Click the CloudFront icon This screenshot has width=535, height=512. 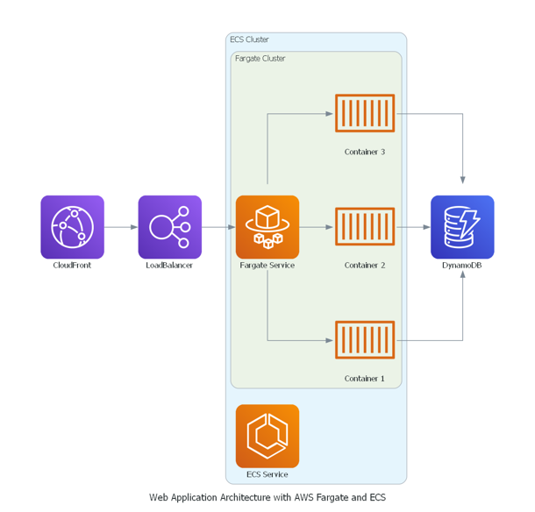point(72,227)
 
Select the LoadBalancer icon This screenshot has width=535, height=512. point(169,227)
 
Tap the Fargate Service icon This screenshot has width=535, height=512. point(267,227)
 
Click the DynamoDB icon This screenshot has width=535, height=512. point(462,227)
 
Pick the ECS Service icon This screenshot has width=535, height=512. point(267,436)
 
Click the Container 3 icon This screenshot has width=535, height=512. point(365,113)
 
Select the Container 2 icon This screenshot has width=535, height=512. point(365,226)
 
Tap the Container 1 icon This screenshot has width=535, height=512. point(365,340)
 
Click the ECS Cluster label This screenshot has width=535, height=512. point(249,39)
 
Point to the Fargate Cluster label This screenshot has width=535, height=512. point(260,59)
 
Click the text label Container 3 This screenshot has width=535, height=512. point(365,152)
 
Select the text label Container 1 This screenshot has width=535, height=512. point(364,378)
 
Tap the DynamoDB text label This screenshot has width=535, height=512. point(462,266)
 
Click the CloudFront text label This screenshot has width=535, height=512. point(72,266)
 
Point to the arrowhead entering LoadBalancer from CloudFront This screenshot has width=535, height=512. point(134,227)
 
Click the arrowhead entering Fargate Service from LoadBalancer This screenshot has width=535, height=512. point(232,227)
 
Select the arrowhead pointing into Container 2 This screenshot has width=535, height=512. point(329,227)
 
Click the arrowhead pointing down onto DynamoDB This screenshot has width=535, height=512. point(463,180)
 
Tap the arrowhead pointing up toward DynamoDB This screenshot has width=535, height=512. point(463,274)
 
